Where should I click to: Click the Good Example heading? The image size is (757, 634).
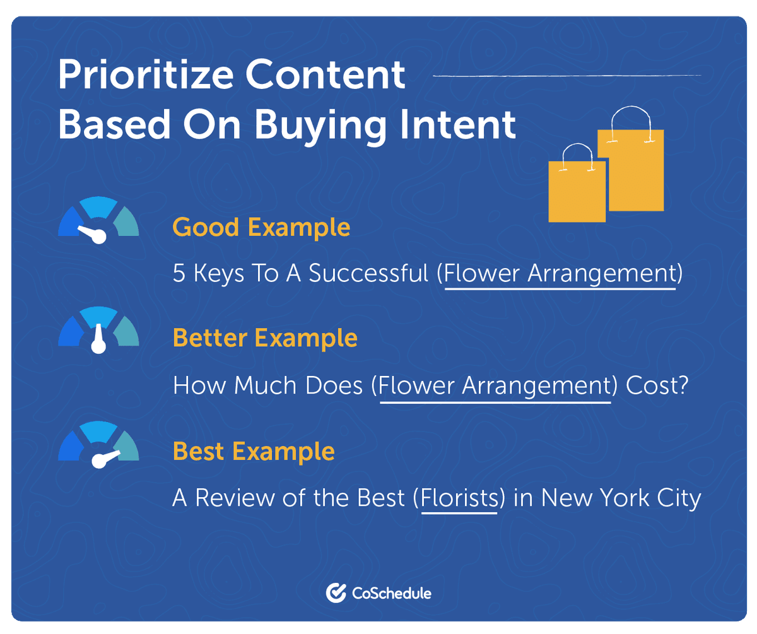[x=261, y=227]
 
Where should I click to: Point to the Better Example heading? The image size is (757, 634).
[x=265, y=338]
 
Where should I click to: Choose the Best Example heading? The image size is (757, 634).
[x=254, y=452]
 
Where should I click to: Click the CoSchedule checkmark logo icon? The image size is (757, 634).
[x=335, y=592]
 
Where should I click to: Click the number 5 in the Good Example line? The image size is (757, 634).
[x=179, y=274]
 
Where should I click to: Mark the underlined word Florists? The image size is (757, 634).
[x=459, y=498]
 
